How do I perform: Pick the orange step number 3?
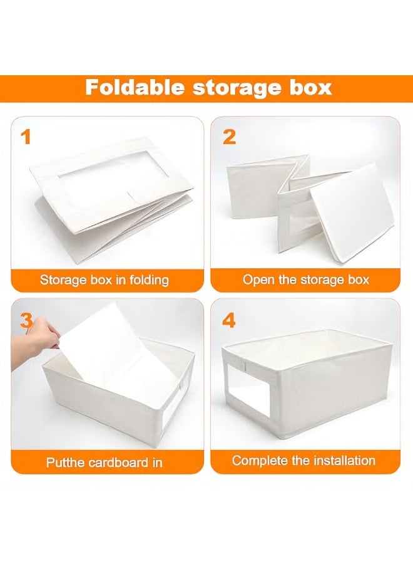tap(26, 320)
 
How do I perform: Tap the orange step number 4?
tap(230, 320)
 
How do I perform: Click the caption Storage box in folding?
tap(105, 279)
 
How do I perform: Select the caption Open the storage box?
tap(306, 279)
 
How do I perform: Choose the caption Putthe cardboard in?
tap(105, 462)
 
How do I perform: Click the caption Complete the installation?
tap(303, 461)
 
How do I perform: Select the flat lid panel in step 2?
tap(351, 207)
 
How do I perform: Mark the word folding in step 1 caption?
tap(148, 279)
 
